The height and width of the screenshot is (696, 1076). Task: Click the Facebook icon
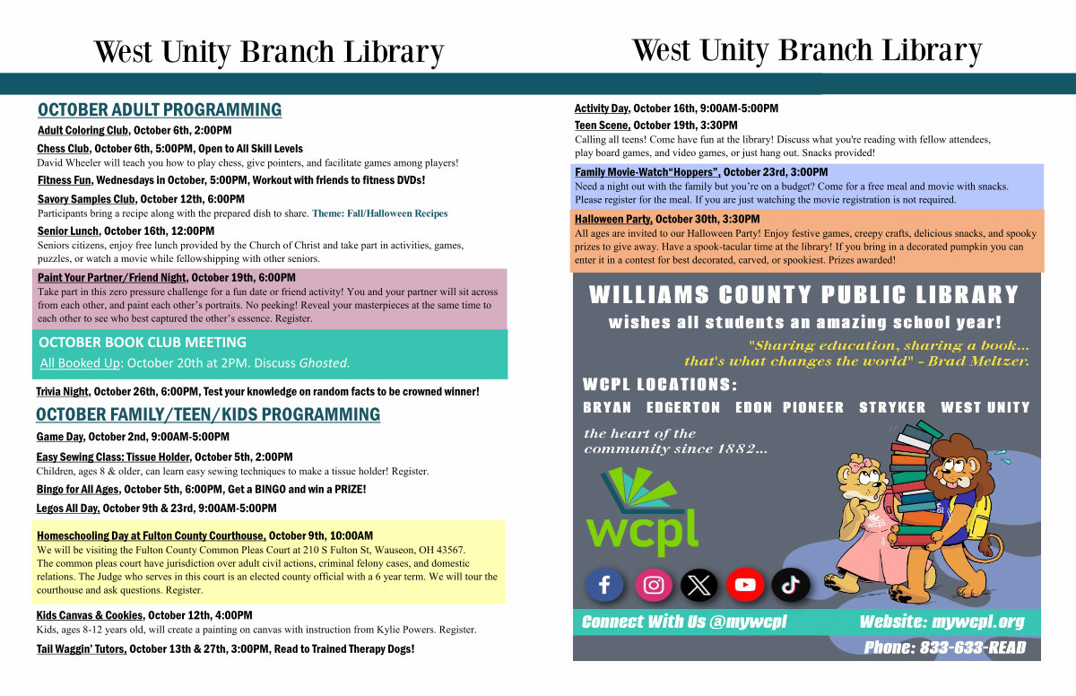(604, 585)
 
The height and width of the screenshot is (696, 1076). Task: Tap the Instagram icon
(654, 585)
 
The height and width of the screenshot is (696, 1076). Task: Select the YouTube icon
(745, 585)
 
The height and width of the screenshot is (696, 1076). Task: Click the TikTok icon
(791, 585)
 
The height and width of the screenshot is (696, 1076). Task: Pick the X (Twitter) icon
(699, 585)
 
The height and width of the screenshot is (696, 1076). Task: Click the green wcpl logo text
(642, 532)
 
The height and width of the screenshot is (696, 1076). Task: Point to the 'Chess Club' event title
(63, 149)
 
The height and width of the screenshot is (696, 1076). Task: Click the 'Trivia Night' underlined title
(63, 391)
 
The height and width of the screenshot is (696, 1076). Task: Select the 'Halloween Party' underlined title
(613, 219)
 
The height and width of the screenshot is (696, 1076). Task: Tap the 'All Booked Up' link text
(80, 363)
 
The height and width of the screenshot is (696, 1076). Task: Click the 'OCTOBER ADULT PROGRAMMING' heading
(160, 110)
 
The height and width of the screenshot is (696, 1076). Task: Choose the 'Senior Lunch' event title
(68, 231)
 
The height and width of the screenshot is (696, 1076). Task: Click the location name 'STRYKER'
(892, 407)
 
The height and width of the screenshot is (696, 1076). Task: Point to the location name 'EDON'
(753, 407)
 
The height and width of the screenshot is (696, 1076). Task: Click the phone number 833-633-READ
(973, 648)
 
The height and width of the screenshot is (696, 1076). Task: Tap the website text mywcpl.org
(977, 622)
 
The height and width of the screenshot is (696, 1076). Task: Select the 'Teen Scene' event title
(602, 126)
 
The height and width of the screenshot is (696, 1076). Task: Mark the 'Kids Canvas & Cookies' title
(90, 615)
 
